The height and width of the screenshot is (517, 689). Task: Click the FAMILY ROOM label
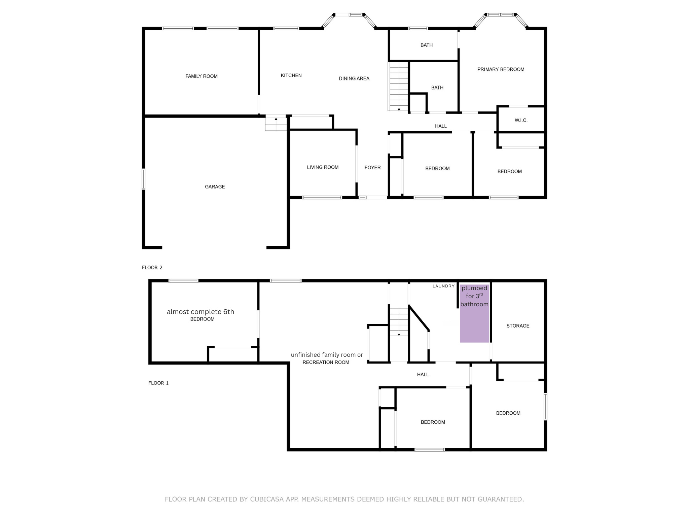tap(201, 76)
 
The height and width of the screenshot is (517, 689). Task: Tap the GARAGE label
tap(215, 187)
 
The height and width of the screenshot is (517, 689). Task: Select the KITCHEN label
tap(291, 75)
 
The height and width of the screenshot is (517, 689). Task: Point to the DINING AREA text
tap(354, 78)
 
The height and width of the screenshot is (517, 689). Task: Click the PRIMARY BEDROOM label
tap(501, 69)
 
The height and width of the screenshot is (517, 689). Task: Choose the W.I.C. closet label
tap(521, 120)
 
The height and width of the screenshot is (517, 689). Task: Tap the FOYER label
tap(372, 168)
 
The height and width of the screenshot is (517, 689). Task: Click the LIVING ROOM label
tap(322, 167)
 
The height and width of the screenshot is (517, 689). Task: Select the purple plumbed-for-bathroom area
tap(474, 323)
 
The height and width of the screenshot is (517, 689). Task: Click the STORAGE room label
tap(518, 326)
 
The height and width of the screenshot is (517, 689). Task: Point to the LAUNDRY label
tap(443, 286)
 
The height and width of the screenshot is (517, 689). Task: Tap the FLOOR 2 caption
tap(152, 268)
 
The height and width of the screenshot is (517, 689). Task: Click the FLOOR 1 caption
tap(158, 383)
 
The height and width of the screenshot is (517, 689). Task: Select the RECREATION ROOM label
tap(326, 363)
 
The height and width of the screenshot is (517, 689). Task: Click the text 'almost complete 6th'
tap(201, 312)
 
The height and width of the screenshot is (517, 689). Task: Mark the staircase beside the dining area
tap(398, 86)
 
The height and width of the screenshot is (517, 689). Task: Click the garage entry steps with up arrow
tap(276, 123)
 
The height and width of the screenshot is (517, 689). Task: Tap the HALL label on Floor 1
tap(423, 375)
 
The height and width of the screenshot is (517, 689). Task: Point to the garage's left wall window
tap(144, 179)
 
